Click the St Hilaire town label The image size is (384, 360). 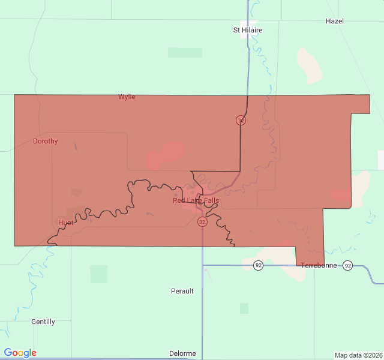coord(248,30)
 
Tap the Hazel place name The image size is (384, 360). coord(334,21)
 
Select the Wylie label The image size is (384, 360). coord(127,97)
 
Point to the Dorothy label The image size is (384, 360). coord(46,142)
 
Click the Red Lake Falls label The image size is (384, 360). coord(196,200)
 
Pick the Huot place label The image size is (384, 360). coord(66,223)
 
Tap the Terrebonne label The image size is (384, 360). coord(319,265)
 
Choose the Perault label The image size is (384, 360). coord(182,291)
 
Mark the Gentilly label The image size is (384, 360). coord(43,322)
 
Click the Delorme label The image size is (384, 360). coord(182,353)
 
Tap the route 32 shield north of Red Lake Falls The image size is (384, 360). coord(241,120)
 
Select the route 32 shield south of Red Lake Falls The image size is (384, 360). coord(202,222)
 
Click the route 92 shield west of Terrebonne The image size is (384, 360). coord(258,265)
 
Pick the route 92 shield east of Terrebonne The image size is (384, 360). coord(347,265)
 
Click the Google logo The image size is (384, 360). coord(20,353)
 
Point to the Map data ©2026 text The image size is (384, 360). coord(358,355)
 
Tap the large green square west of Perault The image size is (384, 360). coord(99,274)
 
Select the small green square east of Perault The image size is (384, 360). coord(244,308)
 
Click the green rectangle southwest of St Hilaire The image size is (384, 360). coord(185,53)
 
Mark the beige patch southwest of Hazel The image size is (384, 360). coord(310,65)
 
